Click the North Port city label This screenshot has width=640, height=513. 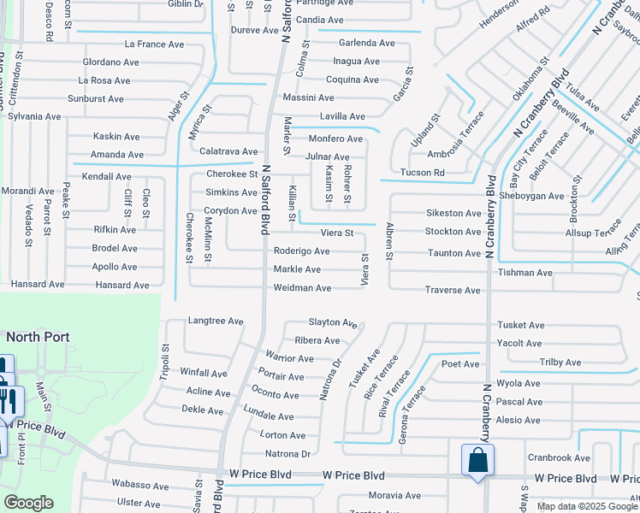point(38,337)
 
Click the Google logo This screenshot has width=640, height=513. point(28,502)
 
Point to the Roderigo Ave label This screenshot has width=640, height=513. point(301,251)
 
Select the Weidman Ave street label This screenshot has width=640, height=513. point(302,288)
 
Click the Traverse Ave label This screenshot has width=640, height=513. point(453,291)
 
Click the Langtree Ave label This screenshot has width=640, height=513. point(215,321)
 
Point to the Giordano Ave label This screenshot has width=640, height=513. point(110,62)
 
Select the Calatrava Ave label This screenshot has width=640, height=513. point(228,151)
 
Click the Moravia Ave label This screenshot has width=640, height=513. point(394,495)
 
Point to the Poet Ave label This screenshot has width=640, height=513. point(460,364)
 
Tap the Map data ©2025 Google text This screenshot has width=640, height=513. point(586,506)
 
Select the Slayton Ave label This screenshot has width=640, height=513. point(332,322)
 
